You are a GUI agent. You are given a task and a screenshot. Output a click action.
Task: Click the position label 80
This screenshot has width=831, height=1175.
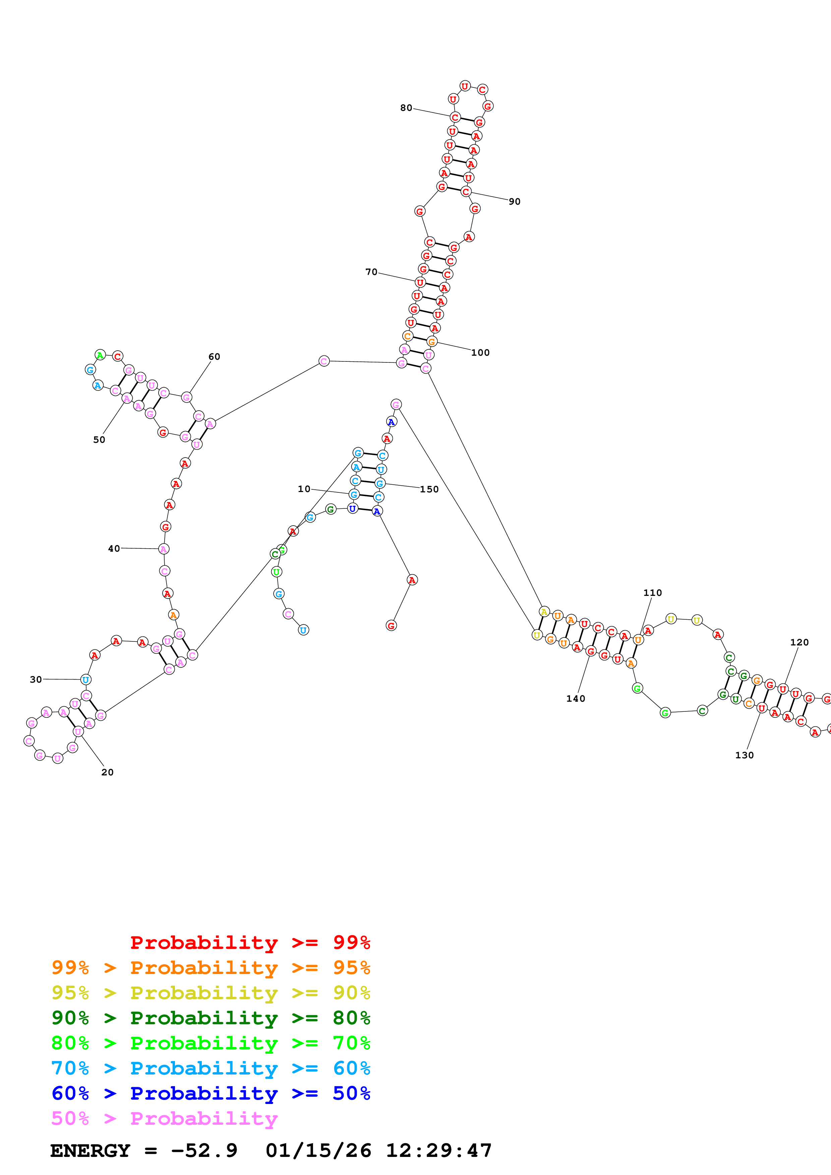[x=406, y=108]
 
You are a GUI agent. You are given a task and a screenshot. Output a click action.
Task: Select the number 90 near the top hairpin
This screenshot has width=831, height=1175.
[x=515, y=202]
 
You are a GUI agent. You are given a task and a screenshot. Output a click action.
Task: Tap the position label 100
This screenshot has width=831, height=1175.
[x=480, y=353]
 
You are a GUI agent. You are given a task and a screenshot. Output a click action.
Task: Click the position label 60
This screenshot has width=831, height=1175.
[x=214, y=357]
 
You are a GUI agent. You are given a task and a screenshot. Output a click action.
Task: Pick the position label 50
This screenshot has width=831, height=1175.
[x=99, y=439]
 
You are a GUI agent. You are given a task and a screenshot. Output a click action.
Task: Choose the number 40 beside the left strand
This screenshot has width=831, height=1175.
[x=114, y=549]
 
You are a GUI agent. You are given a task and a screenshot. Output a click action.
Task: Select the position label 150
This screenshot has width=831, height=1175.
[x=429, y=489]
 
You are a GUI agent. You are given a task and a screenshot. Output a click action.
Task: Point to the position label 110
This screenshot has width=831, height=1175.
[x=652, y=593]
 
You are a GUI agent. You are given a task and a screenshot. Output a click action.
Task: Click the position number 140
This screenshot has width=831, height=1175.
[x=576, y=699]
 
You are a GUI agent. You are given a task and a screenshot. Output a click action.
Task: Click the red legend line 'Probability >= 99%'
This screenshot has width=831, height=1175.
[x=250, y=943]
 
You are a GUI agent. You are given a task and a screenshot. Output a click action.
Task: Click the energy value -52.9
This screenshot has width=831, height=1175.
[x=204, y=1151]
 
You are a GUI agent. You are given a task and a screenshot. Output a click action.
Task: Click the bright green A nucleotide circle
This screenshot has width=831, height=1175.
[x=100, y=355]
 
